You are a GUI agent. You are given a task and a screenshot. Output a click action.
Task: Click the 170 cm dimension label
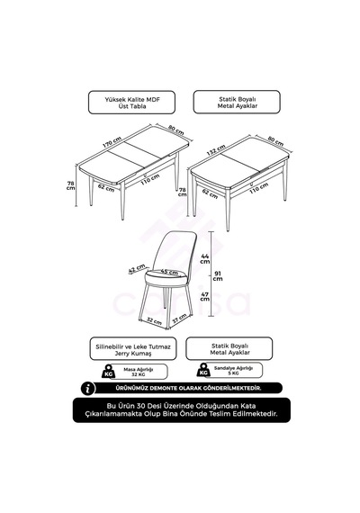click(112, 142)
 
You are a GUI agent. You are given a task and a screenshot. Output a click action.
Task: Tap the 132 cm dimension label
click(216, 150)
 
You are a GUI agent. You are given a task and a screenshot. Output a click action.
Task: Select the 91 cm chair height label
click(218, 275)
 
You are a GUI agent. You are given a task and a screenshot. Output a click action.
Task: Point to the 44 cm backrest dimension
click(205, 258)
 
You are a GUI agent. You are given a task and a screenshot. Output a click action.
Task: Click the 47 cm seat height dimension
click(205, 296)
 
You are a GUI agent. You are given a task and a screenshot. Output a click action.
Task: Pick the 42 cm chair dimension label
click(137, 268)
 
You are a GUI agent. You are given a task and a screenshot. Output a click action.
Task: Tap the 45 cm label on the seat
click(169, 272)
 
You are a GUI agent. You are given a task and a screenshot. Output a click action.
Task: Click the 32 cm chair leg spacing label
click(154, 320)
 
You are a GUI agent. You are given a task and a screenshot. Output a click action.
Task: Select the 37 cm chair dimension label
click(179, 319)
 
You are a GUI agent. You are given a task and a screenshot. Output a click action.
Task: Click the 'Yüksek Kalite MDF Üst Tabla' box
click(131, 103)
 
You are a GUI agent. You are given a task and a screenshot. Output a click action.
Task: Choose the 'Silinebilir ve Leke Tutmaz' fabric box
click(133, 349)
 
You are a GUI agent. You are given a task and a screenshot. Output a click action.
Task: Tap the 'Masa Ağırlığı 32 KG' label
click(138, 372)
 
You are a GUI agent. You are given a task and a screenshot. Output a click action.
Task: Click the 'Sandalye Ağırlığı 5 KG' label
click(233, 371)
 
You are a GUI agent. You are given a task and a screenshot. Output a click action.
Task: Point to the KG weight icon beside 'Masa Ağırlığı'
click(108, 371)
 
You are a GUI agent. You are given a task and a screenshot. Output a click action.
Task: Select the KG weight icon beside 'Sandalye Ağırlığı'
click(203, 370)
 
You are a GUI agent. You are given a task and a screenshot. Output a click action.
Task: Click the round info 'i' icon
click(87, 388)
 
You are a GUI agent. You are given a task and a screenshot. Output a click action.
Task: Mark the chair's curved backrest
click(175, 250)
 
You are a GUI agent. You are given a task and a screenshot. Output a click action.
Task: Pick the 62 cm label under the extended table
click(106, 188)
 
